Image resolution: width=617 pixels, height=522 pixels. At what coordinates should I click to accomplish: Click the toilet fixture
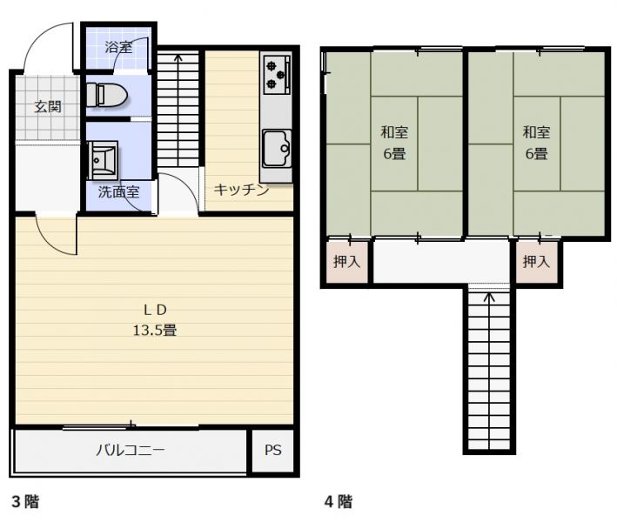[106, 95]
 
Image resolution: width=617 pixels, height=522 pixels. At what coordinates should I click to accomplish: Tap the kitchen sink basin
[277, 148]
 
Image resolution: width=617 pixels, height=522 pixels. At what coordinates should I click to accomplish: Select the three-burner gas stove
[277, 75]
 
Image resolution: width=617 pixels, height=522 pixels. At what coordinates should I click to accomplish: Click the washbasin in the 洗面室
[103, 160]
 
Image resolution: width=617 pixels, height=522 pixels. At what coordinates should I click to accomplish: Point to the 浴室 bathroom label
[118, 47]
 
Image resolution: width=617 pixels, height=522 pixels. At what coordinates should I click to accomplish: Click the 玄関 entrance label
[48, 107]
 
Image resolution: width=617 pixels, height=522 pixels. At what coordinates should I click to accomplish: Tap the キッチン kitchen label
[241, 190]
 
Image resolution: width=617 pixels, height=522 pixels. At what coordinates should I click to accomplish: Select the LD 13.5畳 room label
[155, 320]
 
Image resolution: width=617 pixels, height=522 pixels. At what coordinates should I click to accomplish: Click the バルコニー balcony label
[131, 450]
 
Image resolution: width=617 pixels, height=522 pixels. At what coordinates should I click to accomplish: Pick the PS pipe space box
[272, 451]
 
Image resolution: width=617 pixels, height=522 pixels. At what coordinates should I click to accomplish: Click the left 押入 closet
[346, 262]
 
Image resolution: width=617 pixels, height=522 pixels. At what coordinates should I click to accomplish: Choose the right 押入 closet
[536, 262]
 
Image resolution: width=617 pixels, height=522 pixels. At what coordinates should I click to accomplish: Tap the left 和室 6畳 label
[394, 143]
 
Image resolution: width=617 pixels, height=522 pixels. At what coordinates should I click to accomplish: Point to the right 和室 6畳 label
[536, 143]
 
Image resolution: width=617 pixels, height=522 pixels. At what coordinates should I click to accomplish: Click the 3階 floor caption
[25, 502]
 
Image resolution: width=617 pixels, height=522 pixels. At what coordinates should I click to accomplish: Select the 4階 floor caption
[339, 502]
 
